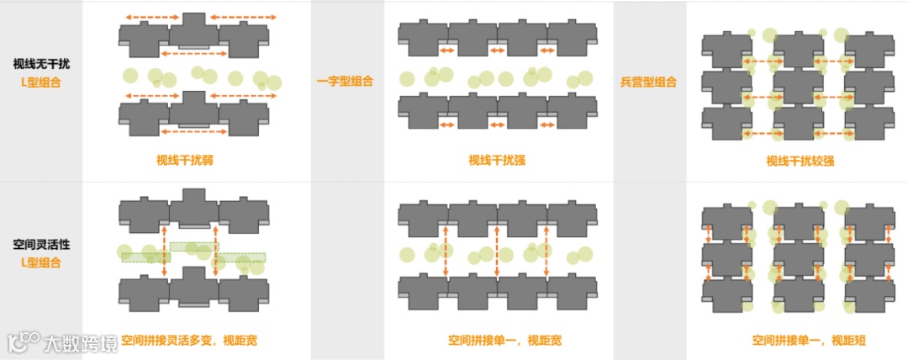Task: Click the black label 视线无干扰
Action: coord(41,64)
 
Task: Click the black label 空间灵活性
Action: coord(41,244)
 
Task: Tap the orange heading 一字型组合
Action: coord(345,82)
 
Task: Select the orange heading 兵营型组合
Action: coord(649,82)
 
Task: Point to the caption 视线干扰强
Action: coord(497,161)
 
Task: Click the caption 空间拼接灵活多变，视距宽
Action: coord(194,341)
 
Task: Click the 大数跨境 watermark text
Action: coord(82,343)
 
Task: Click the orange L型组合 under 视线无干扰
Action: coord(41,82)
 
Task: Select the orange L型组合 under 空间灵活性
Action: coord(41,262)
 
